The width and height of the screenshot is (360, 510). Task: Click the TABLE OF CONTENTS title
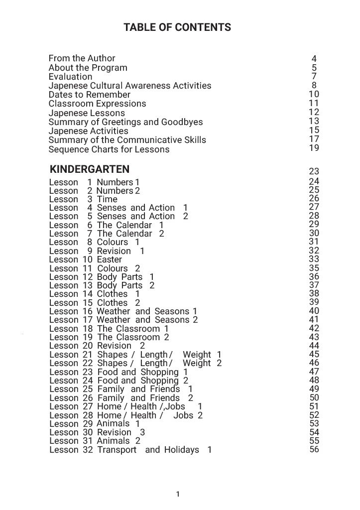(177, 27)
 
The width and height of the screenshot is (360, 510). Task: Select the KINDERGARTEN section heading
(90, 169)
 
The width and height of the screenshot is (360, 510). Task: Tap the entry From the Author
(82, 58)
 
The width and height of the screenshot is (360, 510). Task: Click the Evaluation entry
(70, 77)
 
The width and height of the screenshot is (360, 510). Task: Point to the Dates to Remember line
(89, 95)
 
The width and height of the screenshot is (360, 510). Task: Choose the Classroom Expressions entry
(97, 104)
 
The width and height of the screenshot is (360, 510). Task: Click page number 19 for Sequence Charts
(314, 147)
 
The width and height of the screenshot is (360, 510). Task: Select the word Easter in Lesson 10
(109, 259)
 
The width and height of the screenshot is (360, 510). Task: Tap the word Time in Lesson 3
(107, 199)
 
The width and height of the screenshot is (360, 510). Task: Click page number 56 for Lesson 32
(314, 449)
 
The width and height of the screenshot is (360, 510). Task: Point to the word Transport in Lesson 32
(117, 450)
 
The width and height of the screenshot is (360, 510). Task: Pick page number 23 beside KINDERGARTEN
(314, 172)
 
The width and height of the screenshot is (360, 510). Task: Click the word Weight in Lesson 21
(197, 355)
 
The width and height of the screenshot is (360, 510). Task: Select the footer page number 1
(178, 494)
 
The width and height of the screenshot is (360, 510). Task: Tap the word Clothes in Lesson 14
(112, 294)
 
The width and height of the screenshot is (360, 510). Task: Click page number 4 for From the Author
(314, 59)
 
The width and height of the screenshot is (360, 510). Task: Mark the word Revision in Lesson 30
(114, 432)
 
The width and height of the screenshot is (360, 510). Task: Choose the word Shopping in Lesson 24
(159, 381)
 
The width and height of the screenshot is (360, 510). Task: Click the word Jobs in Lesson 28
(183, 415)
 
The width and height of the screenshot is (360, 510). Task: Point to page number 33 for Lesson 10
(314, 259)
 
